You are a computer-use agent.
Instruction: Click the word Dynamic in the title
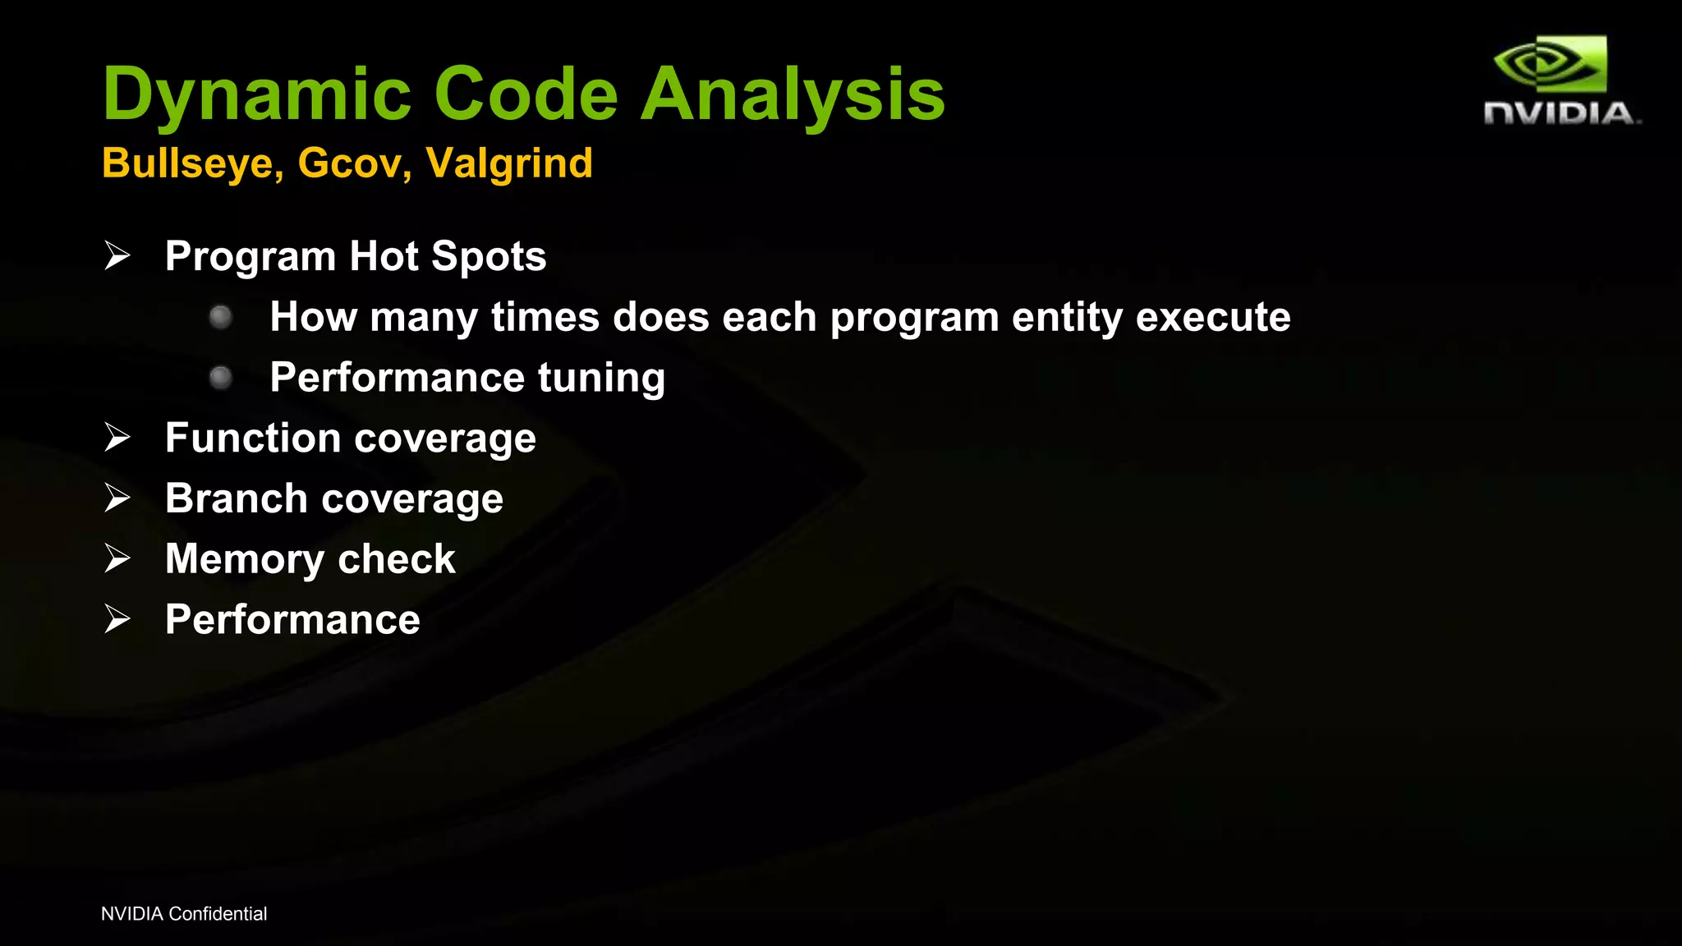tap(256, 95)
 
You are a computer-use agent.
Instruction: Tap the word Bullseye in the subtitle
tap(192, 163)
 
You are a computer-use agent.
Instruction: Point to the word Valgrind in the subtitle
tap(509, 163)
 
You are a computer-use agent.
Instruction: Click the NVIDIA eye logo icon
tap(1550, 64)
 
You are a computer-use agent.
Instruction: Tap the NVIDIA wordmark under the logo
tap(1560, 113)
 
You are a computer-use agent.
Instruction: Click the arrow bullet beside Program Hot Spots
tap(117, 256)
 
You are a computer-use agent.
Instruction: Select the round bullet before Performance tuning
tap(220, 378)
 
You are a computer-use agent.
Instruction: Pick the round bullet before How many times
tap(220, 317)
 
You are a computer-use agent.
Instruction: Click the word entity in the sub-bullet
tap(1067, 318)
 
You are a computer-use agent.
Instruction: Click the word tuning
tap(601, 379)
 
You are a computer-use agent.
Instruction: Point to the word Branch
tap(237, 498)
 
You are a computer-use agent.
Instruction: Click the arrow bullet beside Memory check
tap(117, 559)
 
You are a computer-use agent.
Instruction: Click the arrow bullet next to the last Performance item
tap(117, 619)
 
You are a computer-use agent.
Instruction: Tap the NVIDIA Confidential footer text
tap(184, 914)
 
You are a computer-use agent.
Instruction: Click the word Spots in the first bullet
tap(489, 257)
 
